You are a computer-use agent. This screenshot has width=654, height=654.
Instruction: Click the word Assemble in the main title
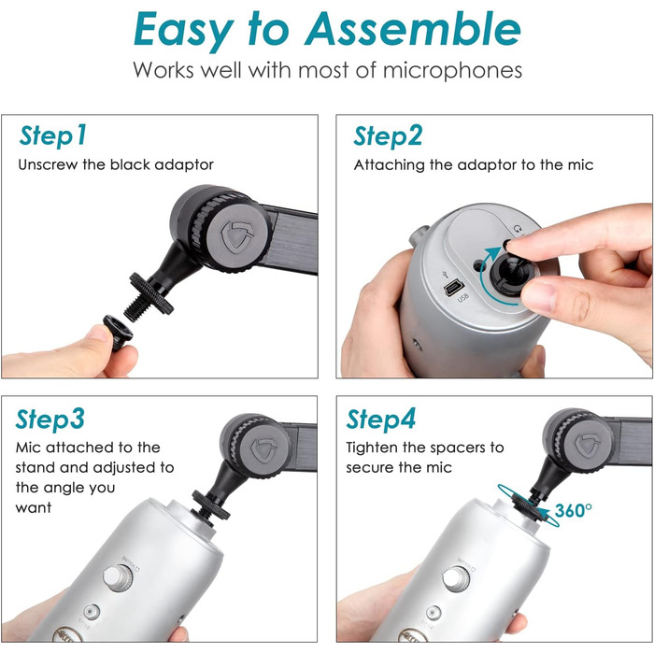point(413,29)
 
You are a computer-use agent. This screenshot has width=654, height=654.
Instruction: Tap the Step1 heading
point(53,136)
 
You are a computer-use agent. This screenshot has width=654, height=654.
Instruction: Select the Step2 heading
point(388,136)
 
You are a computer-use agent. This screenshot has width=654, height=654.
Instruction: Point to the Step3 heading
point(50,419)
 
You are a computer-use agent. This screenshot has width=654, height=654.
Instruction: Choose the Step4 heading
point(381,419)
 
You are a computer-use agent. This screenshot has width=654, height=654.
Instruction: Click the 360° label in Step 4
point(573,510)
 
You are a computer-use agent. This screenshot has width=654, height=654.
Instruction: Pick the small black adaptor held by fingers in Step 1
point(118,332)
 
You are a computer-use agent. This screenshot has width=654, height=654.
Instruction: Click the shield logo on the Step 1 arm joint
point(237,236)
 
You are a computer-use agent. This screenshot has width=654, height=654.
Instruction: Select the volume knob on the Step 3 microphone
point(118,577)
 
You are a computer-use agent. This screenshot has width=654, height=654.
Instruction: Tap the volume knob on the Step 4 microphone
point(456,578)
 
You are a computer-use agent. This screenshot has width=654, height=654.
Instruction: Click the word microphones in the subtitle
point(452,70)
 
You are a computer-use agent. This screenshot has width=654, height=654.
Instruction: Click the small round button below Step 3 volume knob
point(92,612)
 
